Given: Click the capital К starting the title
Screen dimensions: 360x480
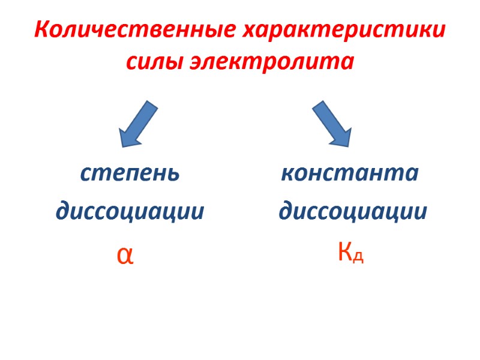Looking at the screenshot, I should pyautogui.click(x=41, y=30).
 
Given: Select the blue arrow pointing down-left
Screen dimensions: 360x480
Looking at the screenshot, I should pyautogui.click(x=138, y=124).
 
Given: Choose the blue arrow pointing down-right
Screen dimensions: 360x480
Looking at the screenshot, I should pyautogui.click(x=332, y=124).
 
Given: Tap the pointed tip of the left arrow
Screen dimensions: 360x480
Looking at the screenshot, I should pyautogui.click(x=122, y=146).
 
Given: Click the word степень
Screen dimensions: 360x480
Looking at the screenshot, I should pyautogui.click(x=130, y=174).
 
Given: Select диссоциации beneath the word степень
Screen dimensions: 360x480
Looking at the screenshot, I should pyautogui.click(x=130, y=212).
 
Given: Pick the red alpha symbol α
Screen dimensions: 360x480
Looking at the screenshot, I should pyautogui.click(x=125, y=255).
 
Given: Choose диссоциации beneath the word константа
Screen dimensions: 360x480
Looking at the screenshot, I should pyautogui.click(x=353, y=212).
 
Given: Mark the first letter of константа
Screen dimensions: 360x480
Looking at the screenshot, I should pyautogui.click(x=287, y=175).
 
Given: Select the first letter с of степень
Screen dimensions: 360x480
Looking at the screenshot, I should pyautogui.click(x=85, y=175).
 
